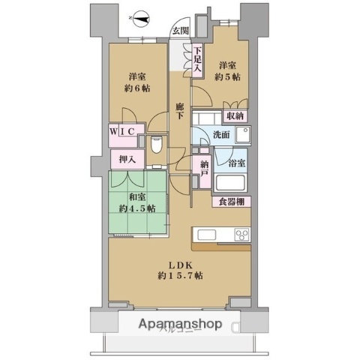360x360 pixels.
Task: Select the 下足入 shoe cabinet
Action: (197, 61)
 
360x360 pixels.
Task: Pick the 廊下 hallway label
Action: (180, 112)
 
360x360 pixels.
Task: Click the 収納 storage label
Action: (235, 116)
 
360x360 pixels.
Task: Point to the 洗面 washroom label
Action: (220, 136)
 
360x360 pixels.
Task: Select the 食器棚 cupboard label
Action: (235, 202)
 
